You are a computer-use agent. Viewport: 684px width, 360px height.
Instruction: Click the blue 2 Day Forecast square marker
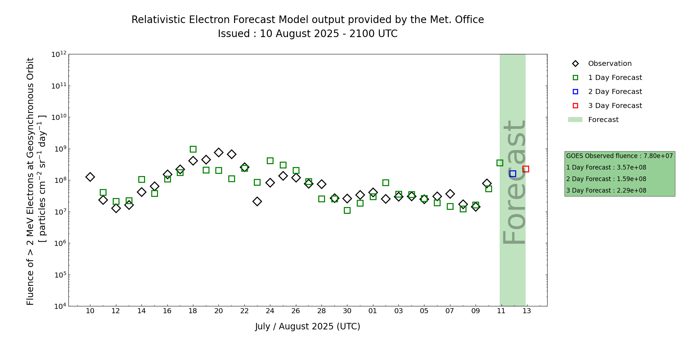(x=513, y=174)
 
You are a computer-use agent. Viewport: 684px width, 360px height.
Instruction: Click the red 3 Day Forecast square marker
(x=526, y=169)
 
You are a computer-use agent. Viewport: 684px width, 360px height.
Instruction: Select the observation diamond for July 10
(x=90, y=177)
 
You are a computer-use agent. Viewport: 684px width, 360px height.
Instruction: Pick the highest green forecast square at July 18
(x=193, y=149)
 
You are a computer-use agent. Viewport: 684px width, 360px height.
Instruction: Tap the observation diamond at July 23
(x=257, y=201)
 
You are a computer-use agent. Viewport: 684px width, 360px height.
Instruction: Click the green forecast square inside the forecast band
(x=500, y=163)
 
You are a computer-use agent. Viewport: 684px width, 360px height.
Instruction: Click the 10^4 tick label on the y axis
(x=59, y=306)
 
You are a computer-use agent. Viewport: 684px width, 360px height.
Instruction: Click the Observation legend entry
(x=609, y=64)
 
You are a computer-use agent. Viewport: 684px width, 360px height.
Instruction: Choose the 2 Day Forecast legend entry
(x=615, y=92)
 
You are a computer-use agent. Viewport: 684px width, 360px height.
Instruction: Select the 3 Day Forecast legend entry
(x=615, y=106)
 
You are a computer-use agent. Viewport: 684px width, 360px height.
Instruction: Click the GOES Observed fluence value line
(x=619, y=156)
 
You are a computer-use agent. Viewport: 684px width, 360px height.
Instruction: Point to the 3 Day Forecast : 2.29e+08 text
(x=606, y=191)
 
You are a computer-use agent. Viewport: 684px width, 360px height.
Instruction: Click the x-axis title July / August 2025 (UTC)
(x=307, y=327)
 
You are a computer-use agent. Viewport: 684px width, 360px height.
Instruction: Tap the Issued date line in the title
(x=307, y=34)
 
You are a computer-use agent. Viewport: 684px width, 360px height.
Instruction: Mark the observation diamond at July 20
(x=219, y=153)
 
